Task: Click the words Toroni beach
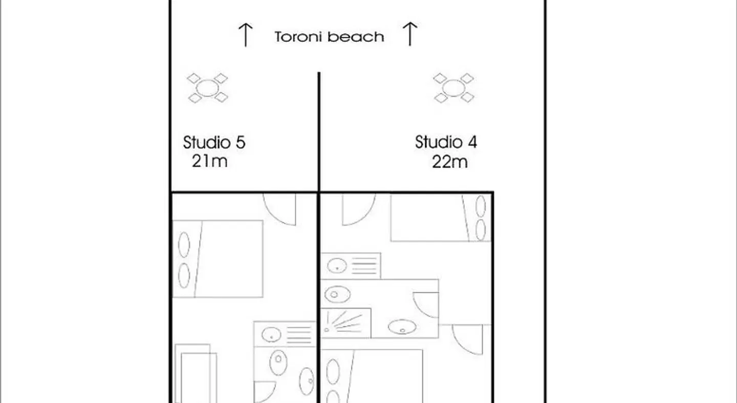329,37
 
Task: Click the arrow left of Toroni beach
246,35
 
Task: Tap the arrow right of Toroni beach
410,34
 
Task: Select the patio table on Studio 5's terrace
207,88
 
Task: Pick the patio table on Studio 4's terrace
453,88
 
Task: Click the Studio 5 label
214,142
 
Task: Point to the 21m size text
209,161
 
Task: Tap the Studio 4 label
446,142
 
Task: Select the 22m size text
449,162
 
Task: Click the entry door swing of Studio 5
280,208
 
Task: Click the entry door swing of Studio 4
358,208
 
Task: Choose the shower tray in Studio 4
346,323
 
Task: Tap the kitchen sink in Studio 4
337,265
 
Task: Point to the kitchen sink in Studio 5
271,335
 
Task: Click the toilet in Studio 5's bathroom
278,359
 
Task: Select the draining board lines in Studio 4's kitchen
364,265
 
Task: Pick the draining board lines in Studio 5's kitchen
299,335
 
